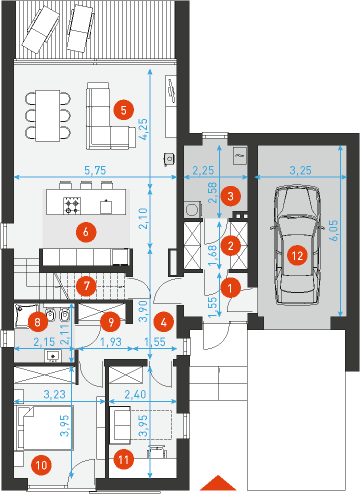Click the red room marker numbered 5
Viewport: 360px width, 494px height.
pyautogui.click(x=124, y=110)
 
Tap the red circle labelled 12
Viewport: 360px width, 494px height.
pyautogui.click(x=297, y=256)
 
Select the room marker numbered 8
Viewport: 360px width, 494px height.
pyautogui.click(x=37, y=322)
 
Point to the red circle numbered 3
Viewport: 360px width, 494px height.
pyautogui.click(x=230, y=196)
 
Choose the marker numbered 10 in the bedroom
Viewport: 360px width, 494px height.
pyautogui.click(x=41, y=465)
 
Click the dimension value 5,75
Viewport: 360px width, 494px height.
pyautogui.click(x=95, y=170)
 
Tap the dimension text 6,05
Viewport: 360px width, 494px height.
pyautogui.click(x=335, y=230)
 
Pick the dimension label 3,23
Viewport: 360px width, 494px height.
pyautogui.click(x=55, y=394)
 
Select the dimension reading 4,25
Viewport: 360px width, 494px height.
pyautogui.click(x=143, y=129)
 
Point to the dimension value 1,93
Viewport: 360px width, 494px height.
pyautogui.click(x=111, y=342)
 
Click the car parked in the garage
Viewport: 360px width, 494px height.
pyautogui.click(x=297, y=245)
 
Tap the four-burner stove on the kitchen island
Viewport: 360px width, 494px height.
pyautogui.click(x=72, y=206)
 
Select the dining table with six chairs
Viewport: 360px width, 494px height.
pyautogui.click(x=48, y=115)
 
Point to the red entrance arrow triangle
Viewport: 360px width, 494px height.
pyautogui.click(x=218, y=482)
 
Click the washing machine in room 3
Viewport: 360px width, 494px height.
pyautogui.click(x=192, y=209)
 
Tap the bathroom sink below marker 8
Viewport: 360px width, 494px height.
pyautogui.click(x=53, y=356)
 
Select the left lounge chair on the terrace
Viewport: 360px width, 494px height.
pyautogui.click(x=41, y=29)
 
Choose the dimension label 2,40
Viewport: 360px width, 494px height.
pyautogui.click(x=135, y=394)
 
